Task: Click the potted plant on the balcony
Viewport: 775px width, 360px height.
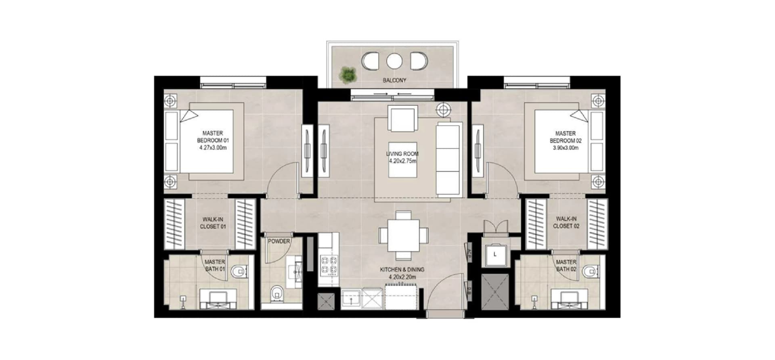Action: coord(348,75)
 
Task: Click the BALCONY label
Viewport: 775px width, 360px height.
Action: coord(394,80)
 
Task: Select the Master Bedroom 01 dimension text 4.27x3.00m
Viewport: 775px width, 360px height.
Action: coord(213,148)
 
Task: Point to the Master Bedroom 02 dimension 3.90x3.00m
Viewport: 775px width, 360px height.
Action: coord(566,148)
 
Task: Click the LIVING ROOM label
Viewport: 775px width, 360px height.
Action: coord(402,154)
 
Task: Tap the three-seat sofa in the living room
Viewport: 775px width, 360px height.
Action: coord(448,159)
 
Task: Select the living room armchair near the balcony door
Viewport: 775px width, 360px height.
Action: coord(402,118)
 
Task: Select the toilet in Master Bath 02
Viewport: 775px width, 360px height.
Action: coord(591,272)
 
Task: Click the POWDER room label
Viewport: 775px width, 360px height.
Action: coord(279,241)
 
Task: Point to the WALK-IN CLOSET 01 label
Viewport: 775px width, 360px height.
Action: coord(213,223)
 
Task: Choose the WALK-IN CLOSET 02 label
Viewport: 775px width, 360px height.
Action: coord(566,223)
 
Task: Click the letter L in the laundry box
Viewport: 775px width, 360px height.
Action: coord(495,254)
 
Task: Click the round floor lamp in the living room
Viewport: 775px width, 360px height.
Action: coord(444,109)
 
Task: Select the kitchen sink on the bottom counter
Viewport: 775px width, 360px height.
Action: coord(351,298)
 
